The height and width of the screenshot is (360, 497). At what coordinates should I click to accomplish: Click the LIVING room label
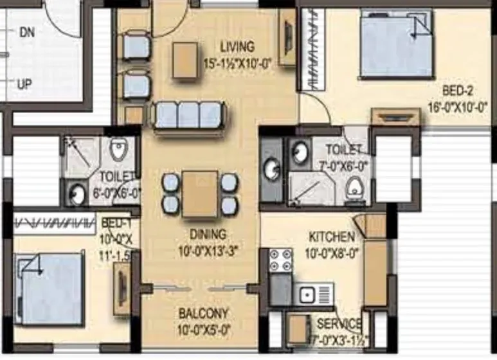[237, 47]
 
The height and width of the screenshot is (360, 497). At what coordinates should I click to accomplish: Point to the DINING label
[207, 234]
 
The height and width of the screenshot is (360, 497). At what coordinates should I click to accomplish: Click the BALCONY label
[203, 314]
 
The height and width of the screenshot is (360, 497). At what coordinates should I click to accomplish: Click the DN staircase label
[26, 32]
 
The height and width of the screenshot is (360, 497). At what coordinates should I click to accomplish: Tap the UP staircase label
[25, 84]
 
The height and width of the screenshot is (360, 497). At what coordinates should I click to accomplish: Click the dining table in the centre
[200, 194]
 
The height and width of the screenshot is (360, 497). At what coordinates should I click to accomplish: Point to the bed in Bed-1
[50, 288]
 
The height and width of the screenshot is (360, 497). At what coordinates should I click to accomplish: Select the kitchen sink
[314, 294]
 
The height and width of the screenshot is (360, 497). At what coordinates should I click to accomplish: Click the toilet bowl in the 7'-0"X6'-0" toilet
[353, 187]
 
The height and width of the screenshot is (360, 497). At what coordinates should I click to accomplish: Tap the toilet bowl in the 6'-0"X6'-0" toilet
[118, 150]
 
